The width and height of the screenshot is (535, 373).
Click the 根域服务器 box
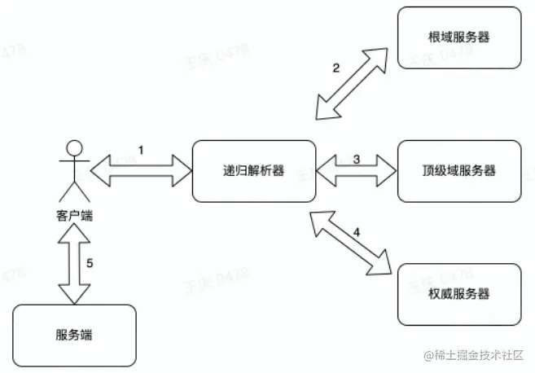pos(459,38)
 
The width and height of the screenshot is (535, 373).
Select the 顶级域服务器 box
pos(459,171)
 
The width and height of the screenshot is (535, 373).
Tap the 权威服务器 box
pos(459,293)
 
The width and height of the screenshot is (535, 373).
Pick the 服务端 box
pos(75,335)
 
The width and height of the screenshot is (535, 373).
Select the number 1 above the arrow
pos(141,151)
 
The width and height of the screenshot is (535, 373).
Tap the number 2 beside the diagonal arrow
pos(336,68)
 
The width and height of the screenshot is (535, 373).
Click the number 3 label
pos(357,159)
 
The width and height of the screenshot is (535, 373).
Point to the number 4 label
pos(356,232)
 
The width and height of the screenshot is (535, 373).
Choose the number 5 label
pos(90,262)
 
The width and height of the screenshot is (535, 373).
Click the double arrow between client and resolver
pos(140,171)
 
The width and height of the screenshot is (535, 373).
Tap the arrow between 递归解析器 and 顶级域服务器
pos(356,172)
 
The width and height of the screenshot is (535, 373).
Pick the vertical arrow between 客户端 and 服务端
pos(73,263)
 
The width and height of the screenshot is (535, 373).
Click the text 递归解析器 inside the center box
pos(254,171)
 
